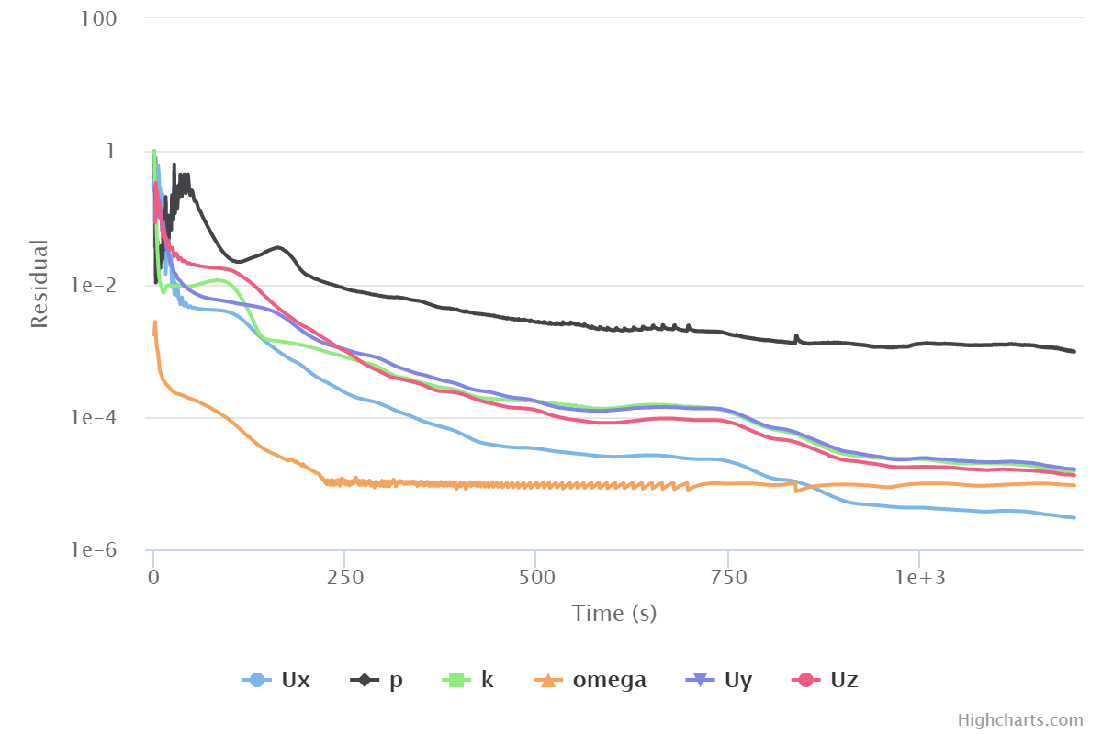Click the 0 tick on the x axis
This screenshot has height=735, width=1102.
click(x=153, y=577)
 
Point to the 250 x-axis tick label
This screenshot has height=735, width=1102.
click(x=344, y=577)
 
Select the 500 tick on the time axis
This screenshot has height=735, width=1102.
click(x=535, y=577)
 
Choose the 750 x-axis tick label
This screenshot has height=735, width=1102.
click(x=727, y=577)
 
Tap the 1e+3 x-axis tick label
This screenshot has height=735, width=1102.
click(x=918, y=577)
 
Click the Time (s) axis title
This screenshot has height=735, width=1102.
click(x=613, y=614)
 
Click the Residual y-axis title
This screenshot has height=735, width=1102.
click(x=39, y=284)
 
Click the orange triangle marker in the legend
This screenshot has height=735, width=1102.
click(x=548, y=681)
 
